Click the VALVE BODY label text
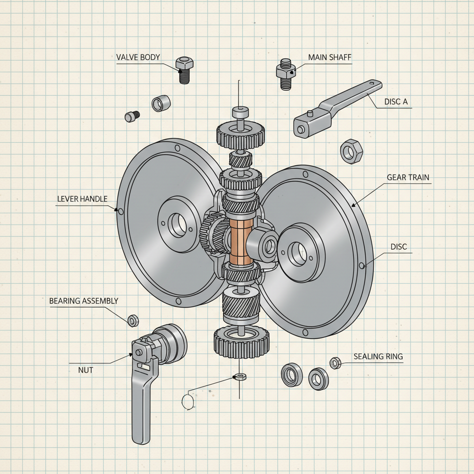[138, 57]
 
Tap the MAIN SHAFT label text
[330, 57]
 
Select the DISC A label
[396, 102]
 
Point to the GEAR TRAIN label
[408, 177]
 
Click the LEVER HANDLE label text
[82, 199]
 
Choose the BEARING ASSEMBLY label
[84, 301]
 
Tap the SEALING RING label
[378, 356]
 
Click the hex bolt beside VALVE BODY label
[184, 70]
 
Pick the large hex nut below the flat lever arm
[351, 151]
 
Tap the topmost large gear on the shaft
[240, 133]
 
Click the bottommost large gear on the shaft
[241, 342]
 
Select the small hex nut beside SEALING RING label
[336, 363]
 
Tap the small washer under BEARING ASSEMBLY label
[133, 320]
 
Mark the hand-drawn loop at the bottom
[187, 401]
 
